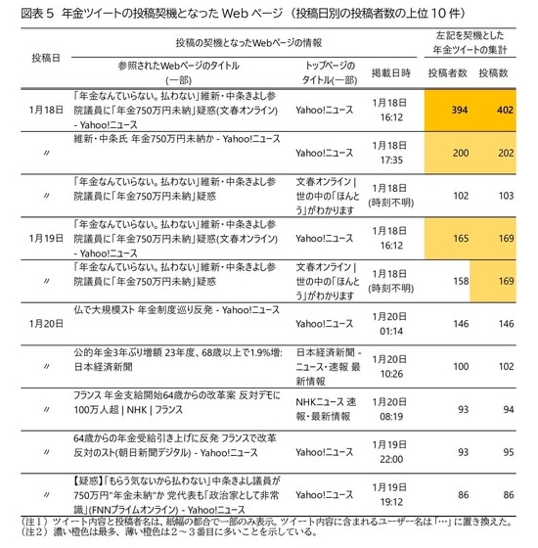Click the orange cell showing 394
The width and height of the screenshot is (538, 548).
(x=446, y=111)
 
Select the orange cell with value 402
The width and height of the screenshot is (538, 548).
(x=503, y=111)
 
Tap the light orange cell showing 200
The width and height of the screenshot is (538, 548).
(x=446, y=153)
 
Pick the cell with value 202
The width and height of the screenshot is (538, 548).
(x=503, y=153)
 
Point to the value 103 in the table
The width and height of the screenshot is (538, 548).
(x=503, y=195)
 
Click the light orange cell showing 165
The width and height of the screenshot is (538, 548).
(x=446, y=237)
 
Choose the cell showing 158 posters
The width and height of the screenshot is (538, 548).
(x=446, y=280)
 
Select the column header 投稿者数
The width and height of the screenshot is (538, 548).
(x=446, y=73)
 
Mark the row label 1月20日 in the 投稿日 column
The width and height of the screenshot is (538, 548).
(x=46, y=322)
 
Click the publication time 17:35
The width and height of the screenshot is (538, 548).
(x=389, y=160)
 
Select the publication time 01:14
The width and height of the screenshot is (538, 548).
(x=389, y=329)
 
